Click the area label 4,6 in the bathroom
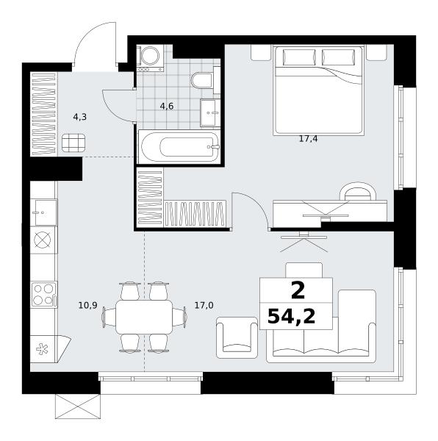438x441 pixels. (x=166, y=107)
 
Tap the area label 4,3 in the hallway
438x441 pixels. (x=80, y=117)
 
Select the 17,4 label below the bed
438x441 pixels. (x=308, y=139)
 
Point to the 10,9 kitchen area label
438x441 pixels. (x=87, y=305)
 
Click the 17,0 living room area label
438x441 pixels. (x=204, y=305)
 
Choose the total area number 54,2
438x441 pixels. (x=292, y=316)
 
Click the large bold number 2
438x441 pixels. (x=298, y=291)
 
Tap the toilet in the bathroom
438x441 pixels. (x=202, y=80)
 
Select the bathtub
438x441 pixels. (x=180, y=146)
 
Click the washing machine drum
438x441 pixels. (x=150, y=55)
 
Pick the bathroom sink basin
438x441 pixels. (x=210, y=112)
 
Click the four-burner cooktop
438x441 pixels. (x=44, y=295)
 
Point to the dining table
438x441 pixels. (x=144, y=317)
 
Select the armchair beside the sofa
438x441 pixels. (x=237, y=337)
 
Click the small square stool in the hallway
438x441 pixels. (x=73, y=143)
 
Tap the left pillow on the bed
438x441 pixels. (x=299, y=57)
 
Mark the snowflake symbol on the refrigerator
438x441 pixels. (x=42, y=349)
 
